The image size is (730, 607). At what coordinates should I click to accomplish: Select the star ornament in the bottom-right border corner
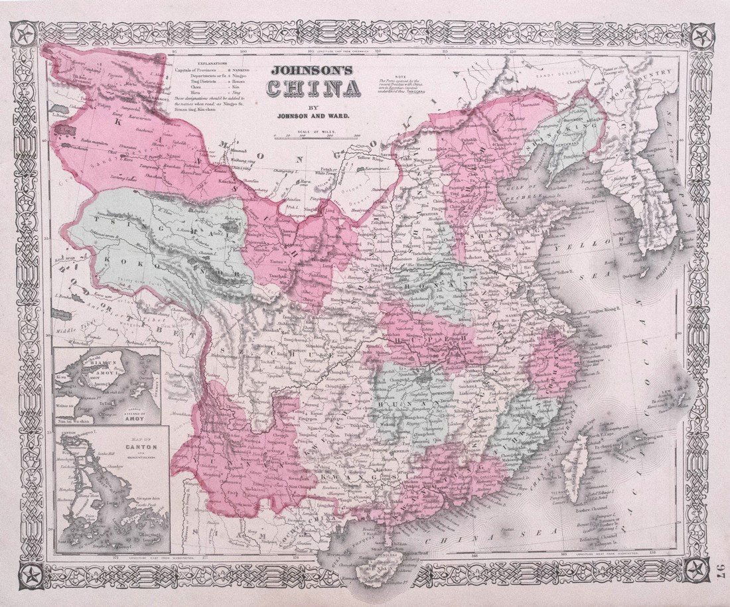700,569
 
